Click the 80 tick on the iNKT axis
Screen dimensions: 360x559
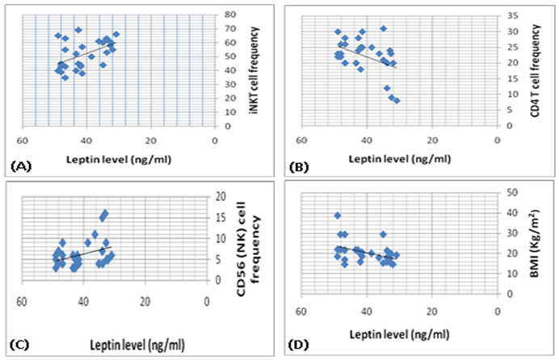pos(229,15)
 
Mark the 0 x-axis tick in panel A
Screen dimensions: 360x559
pos(214,138)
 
